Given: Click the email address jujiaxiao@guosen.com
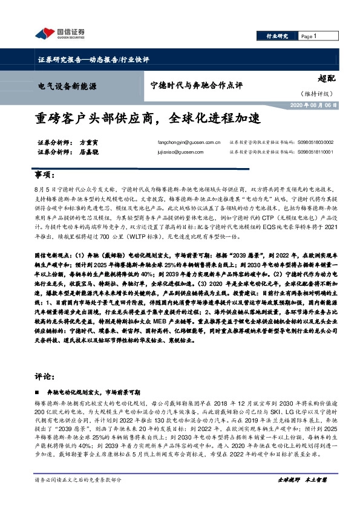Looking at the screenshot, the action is point(174,153).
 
